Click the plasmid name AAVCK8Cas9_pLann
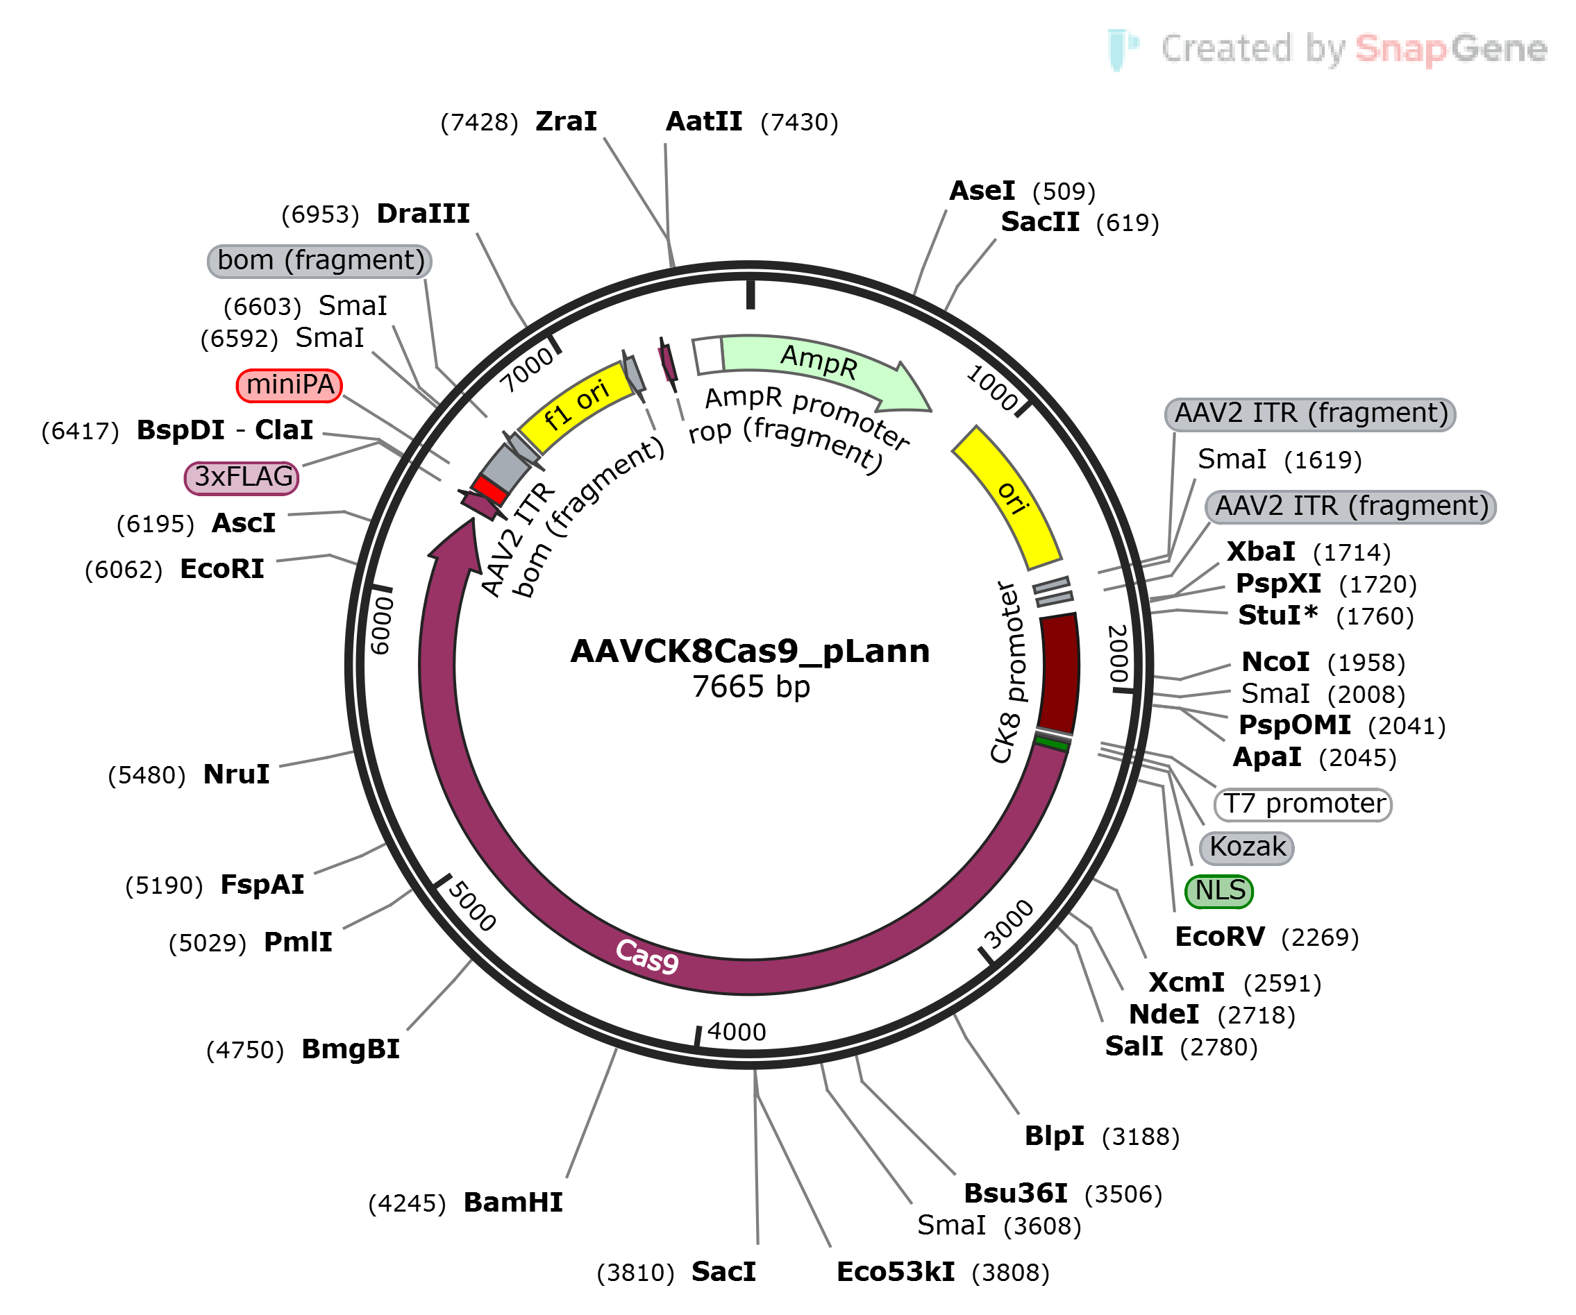point(750,651)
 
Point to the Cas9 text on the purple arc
point(647,956)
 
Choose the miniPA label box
point(290,385)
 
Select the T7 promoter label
point(1303,804)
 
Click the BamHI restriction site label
point(513,1203)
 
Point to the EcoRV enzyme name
point(1220,937)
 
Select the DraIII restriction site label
point(424,214)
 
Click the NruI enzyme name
point(236,774)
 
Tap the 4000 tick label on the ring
point(736,1032)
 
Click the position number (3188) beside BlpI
point(1141,1137)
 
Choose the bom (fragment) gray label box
point(319,261)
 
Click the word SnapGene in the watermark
point(1450,49)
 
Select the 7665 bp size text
point(751,686)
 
